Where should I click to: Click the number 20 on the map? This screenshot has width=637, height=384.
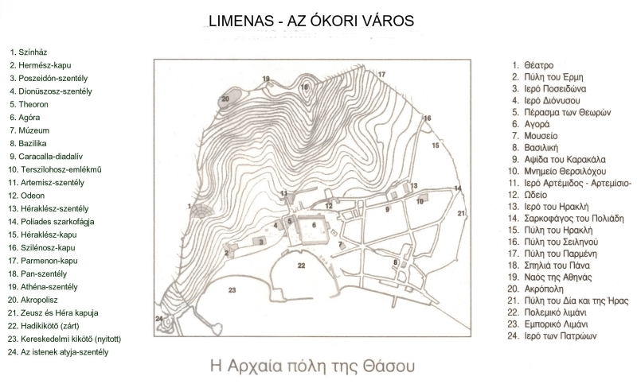pos(225,98)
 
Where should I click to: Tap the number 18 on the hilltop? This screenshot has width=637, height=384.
pos(304,86)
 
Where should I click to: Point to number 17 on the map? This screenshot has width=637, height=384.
pos(381,73)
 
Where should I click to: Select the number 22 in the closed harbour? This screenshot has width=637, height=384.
pos(301,265)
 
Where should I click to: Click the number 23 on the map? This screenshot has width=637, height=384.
pos(232,290)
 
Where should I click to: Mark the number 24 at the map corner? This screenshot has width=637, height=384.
pos(158,319)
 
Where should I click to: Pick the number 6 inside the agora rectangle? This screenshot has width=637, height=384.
pos(314,225)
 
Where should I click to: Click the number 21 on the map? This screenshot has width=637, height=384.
pos(461,212)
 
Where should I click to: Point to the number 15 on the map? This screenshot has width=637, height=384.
pos(435,145)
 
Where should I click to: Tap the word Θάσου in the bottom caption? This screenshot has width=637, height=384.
pos(393,368)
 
